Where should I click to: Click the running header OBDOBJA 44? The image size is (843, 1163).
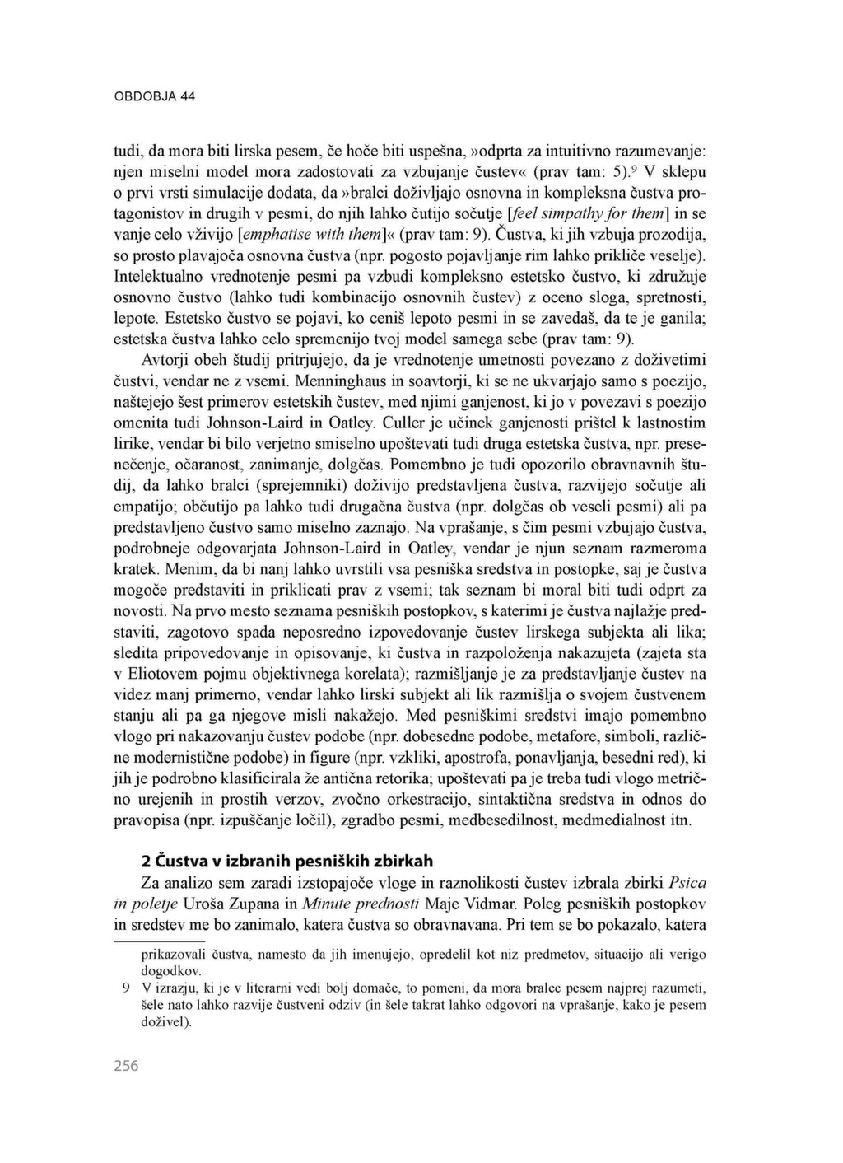pyautogui.click(x=154, y=96)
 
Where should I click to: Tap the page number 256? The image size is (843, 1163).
pyautogui.click(x=126, y=1066)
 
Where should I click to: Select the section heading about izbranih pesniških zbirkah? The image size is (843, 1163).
pyautogui.click(x=287, y=862)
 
